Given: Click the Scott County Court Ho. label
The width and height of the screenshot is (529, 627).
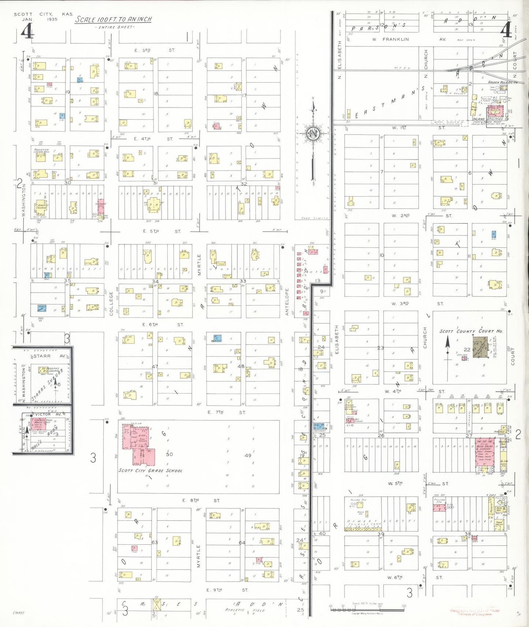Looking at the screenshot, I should point(471,331).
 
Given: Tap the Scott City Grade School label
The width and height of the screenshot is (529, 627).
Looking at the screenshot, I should point(150,470).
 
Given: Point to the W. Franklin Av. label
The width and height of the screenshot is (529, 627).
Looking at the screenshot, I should point(409,39).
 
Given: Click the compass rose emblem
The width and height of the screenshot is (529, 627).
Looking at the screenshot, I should point(313,134).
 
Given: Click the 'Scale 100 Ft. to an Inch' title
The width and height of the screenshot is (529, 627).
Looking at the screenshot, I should point(113,19).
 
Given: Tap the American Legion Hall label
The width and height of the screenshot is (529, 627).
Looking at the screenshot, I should point(42,151).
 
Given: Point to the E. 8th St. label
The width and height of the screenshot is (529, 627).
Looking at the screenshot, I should point(201,500).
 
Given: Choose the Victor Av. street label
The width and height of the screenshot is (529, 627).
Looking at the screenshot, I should point(48,414).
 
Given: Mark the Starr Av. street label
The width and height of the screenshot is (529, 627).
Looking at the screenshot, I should point(49,356).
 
